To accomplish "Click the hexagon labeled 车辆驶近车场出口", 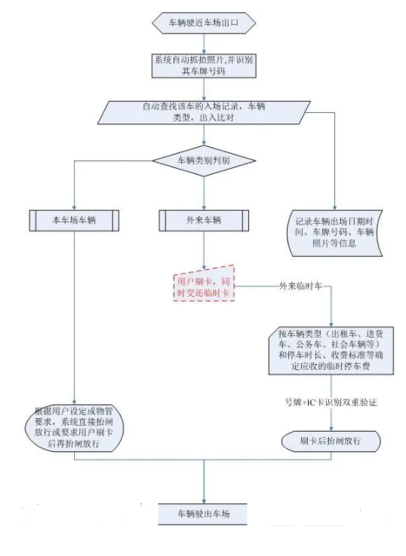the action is click(x=204, y=23).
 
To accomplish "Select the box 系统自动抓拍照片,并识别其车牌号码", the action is click(x=204, y=66).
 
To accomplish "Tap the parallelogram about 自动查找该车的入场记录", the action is click(x=204, y=112).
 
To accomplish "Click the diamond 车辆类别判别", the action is click(x=204, y=160).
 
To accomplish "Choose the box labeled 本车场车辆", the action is click(x=74, y=221).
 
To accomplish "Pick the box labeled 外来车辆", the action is click(x=204, y=221).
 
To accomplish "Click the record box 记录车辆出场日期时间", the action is click(x=334, y=233).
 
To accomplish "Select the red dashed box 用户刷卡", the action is click(x=204, y=286).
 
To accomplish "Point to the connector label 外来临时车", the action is click(x=300, y=286).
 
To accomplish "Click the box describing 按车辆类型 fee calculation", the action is click(x=331, y=350).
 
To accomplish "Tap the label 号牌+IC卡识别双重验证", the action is click(x=331, y=402).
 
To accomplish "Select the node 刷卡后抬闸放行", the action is click(x=331, y=441).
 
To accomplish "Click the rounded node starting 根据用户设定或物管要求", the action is click(x=74, y=428).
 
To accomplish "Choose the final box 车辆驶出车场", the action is click(x=203, y=514).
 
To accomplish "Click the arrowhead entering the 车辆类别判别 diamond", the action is click(x=204, y=142).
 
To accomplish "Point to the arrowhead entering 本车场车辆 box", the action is click(x=74, y=207).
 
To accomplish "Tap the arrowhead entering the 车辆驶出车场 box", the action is click(x=204, y=501).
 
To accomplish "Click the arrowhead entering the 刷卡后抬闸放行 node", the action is click(x=331, y=429).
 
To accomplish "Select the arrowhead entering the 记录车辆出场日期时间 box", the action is click(x=334, y=207).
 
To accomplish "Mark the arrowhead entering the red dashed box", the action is click(x=204, y=267).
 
